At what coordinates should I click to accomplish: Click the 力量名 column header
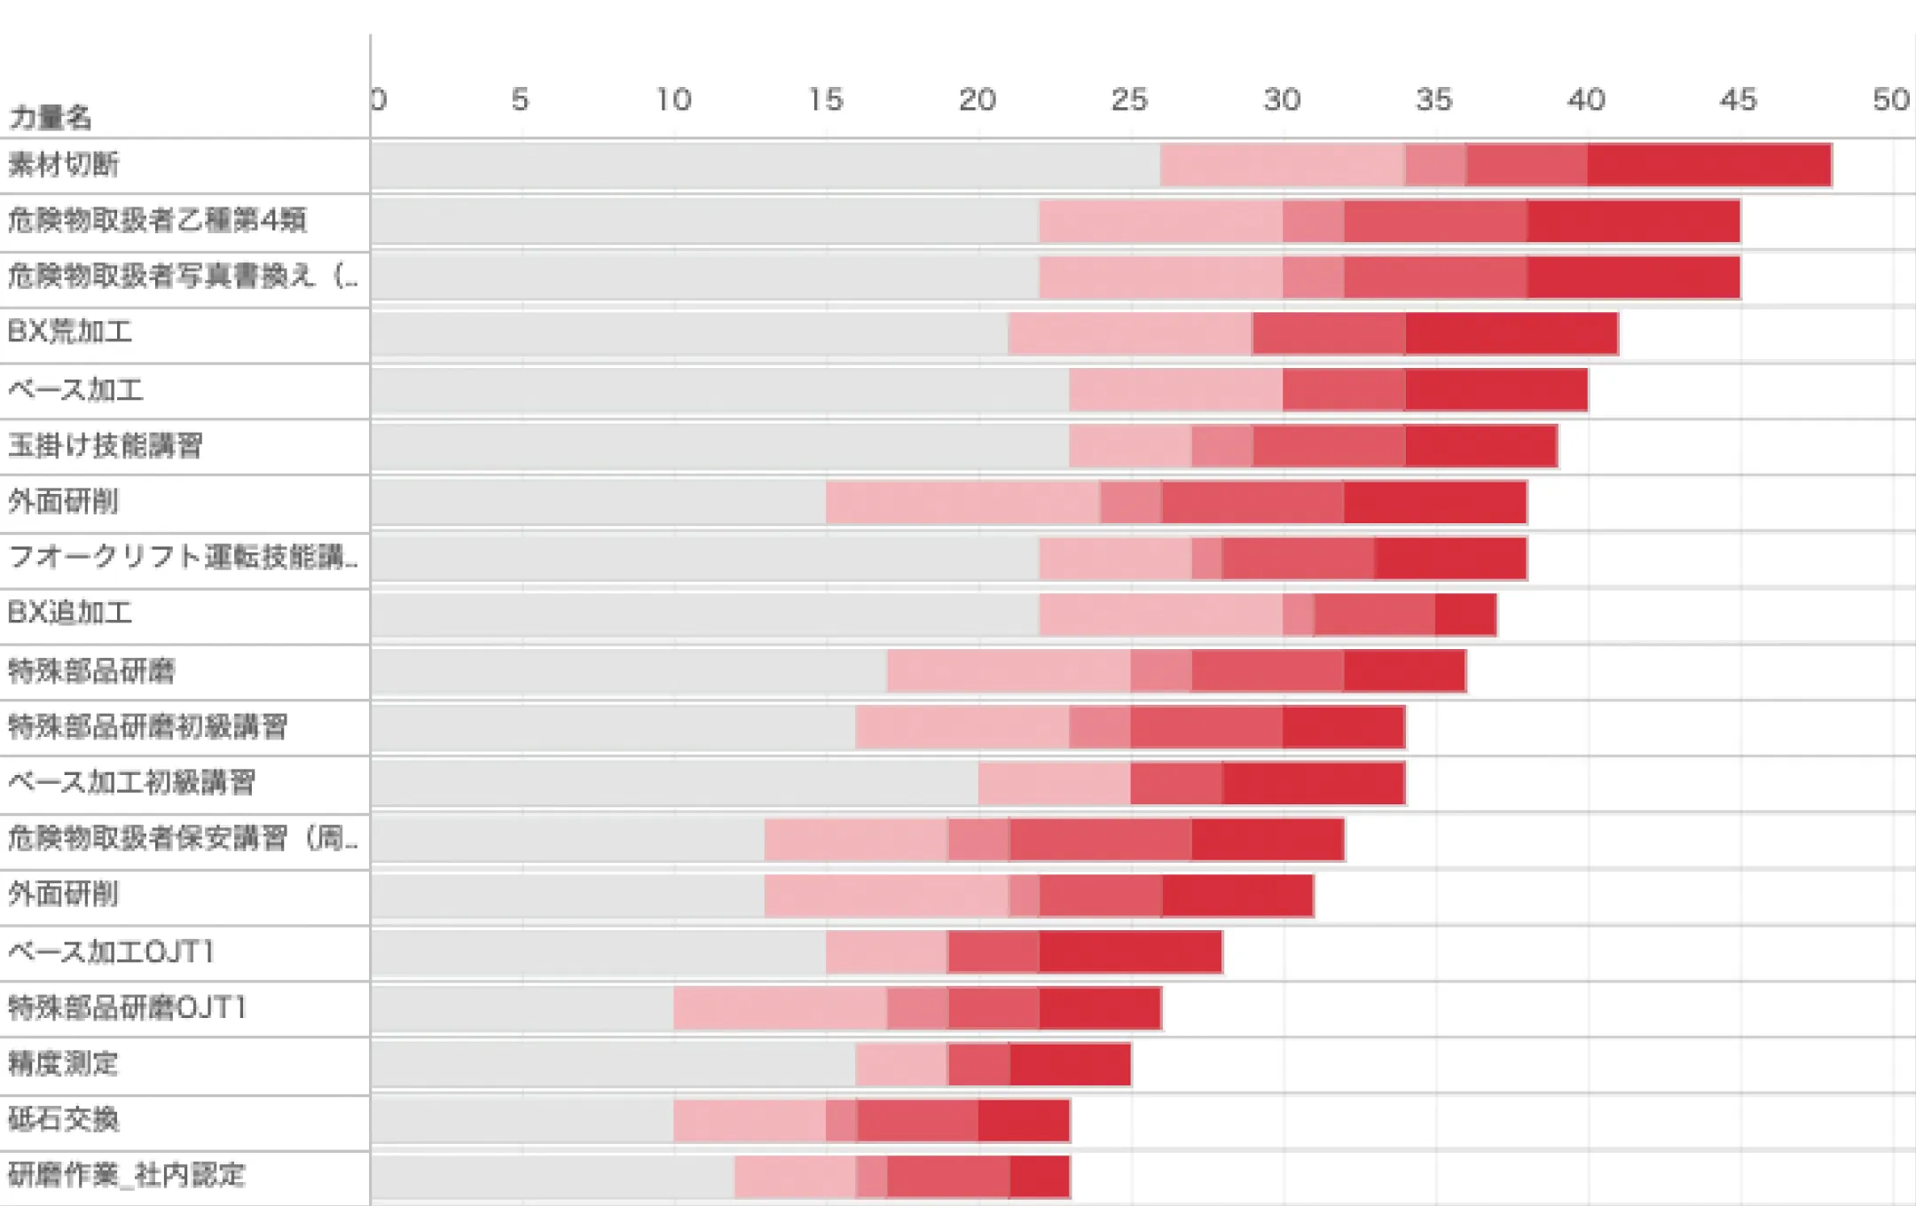coord(50,116)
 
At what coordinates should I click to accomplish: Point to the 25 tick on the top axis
coord(1129,100)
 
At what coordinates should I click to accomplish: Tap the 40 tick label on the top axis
coord(1586,100)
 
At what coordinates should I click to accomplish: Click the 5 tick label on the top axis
coord(520,100)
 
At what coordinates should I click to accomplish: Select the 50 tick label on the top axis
coord(1890,100)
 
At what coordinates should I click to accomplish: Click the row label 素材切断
coord(63,165)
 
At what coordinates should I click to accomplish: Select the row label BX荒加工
coord(70,333)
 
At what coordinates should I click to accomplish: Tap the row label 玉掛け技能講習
coord(105,445)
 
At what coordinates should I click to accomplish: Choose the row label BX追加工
coord(70,614)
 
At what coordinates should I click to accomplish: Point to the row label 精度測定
coord(63,1063)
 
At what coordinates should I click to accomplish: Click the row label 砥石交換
coord(63,1119)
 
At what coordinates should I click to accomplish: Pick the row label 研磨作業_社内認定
coord(126,1175)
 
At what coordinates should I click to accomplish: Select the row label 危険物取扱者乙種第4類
coord(157,220)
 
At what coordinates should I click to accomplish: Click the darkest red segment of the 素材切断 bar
coord(1708,165)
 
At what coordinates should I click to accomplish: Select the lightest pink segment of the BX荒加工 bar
coord(1129,333)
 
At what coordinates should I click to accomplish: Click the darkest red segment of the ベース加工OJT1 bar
coord(1130,952)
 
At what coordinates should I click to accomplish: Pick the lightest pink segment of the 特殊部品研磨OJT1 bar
coord(779,1008)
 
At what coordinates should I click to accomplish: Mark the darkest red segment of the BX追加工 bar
coord(1465,615)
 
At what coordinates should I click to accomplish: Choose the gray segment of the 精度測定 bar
coord(612,1064)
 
